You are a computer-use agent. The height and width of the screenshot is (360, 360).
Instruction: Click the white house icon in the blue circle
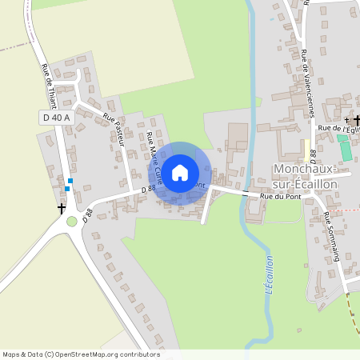[x=180, y=171]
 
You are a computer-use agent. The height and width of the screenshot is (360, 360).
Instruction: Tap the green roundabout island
[x=72, y=222]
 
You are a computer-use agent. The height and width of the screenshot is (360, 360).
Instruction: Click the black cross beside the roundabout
[x=61, y=208]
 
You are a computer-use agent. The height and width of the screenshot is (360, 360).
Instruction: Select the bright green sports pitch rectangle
[x=344, y=148]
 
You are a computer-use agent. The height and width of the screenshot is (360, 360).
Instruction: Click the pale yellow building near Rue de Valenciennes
[x=306, y=148]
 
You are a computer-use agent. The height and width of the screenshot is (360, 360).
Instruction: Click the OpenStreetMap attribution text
[x=80, y=354]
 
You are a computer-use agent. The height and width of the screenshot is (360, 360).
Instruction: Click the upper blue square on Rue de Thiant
[x=70, y=182]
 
